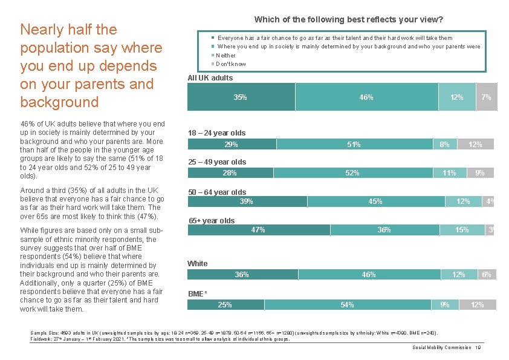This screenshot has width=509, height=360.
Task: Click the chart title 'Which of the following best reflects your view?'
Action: [349, 19]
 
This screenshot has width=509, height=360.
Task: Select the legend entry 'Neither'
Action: [225, 55]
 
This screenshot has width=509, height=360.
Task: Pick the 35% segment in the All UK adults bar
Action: [241, 97]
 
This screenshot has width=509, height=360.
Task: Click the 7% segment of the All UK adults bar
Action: [486, 97]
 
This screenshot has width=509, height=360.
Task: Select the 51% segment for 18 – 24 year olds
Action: [354, 144]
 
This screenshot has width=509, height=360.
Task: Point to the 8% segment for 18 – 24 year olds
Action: [444, 144]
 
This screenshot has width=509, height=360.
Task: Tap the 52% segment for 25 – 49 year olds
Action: [352, 173]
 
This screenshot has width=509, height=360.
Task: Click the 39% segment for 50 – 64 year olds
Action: [247, 201]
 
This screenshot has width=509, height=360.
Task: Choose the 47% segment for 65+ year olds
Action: [259, 230]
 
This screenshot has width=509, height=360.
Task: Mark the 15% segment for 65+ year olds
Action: [462, 230]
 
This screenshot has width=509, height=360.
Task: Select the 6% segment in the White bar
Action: [487, 275]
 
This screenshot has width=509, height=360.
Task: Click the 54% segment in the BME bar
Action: [347, 304]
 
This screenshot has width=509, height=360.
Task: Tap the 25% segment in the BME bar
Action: [225, 304]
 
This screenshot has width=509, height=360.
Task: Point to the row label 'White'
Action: [197, 264]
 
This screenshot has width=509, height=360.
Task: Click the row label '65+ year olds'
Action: [212, 221]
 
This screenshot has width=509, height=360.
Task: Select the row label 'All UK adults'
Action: [210, 78]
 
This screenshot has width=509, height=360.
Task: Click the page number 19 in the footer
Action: [478, 348]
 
